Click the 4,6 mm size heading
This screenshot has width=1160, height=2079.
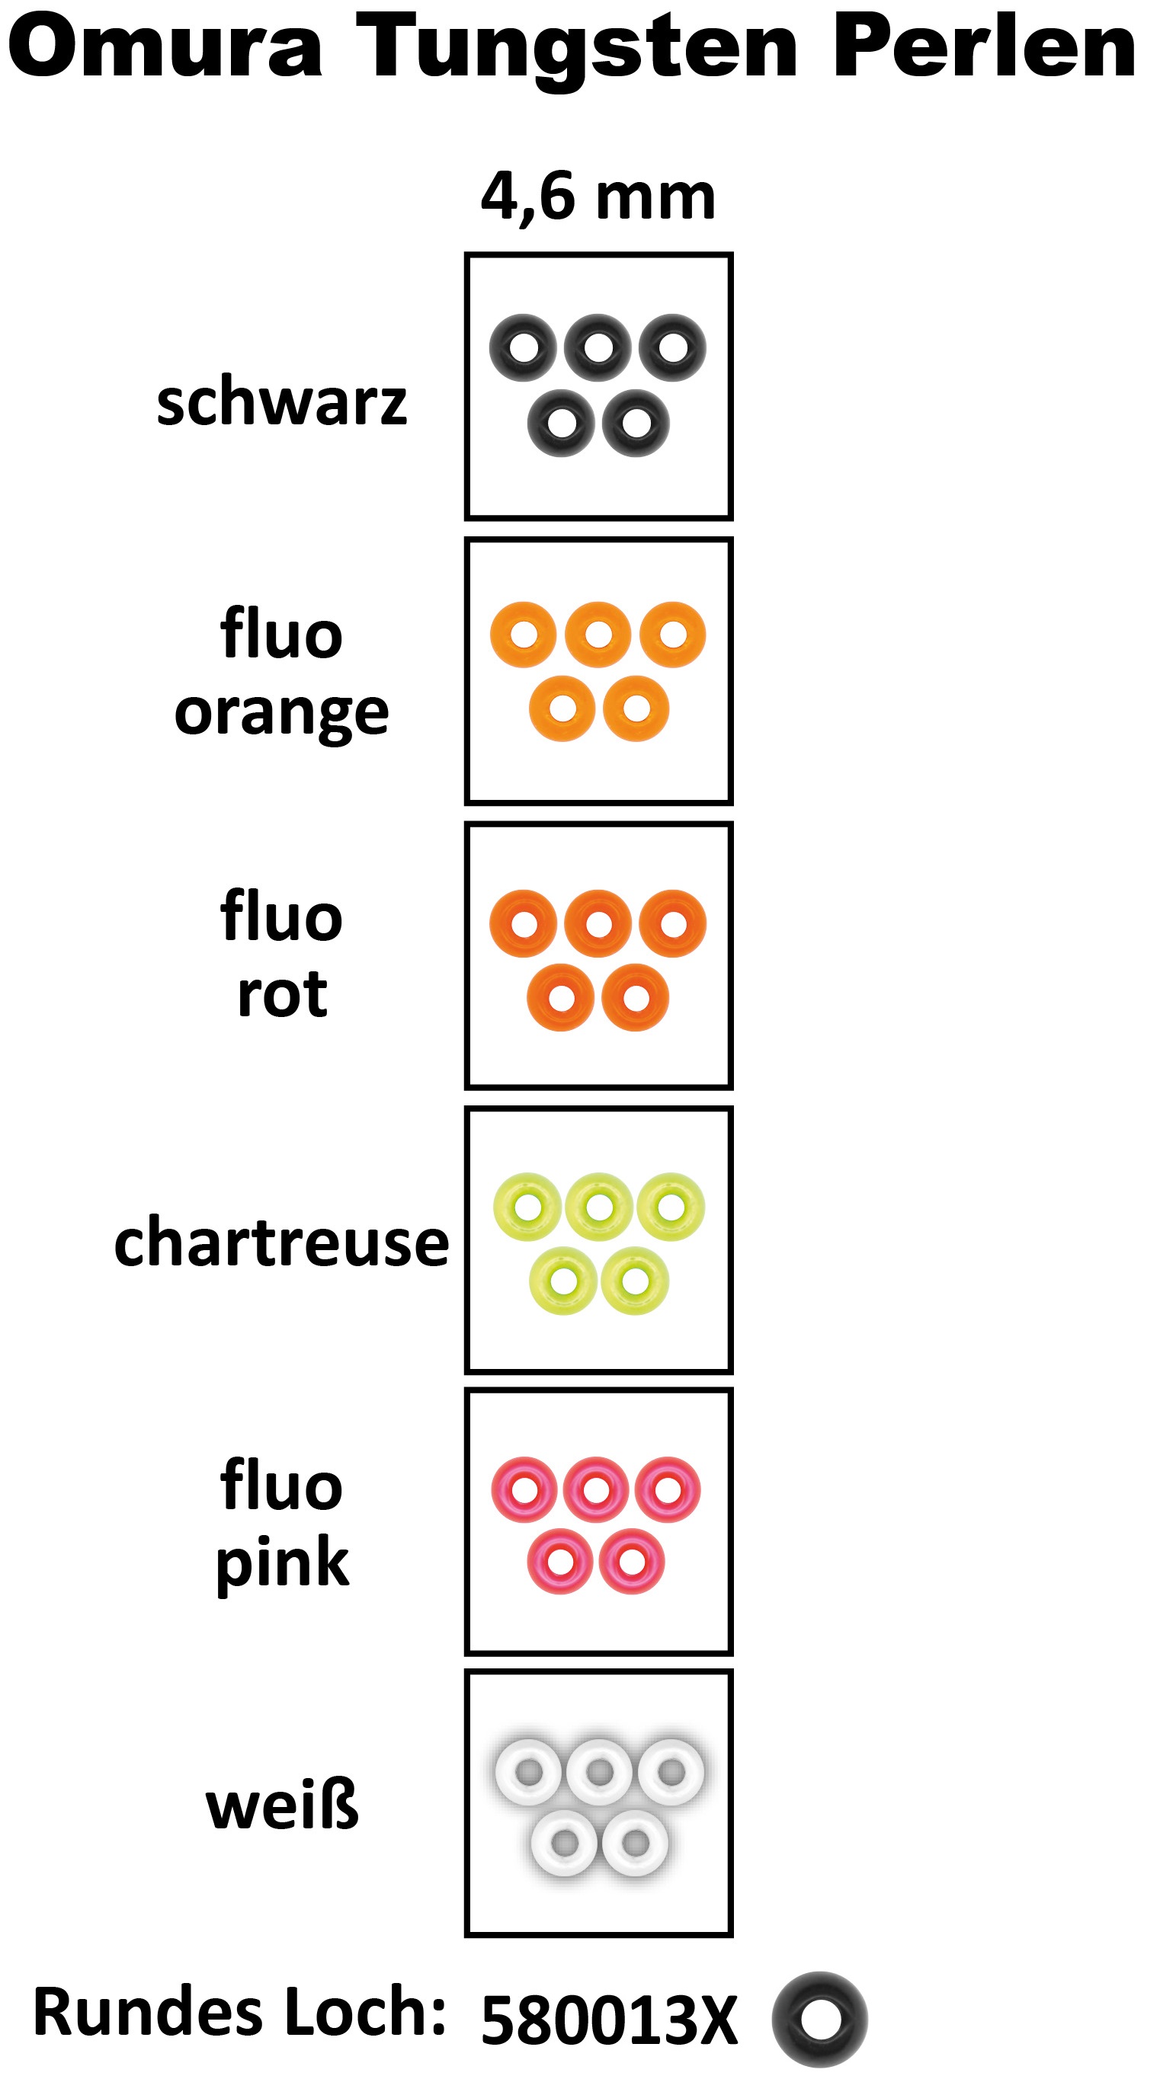598,196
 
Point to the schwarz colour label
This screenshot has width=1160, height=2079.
282,402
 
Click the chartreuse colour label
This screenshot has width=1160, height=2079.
282,1242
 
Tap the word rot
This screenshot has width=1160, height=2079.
282,993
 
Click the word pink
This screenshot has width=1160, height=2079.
282,1562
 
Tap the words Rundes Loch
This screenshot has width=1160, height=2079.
239,2012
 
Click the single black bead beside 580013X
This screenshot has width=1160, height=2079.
819,2019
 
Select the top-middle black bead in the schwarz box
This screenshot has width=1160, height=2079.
598,348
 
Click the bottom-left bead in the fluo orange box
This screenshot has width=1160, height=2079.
562,708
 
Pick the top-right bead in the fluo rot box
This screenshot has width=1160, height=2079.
672,923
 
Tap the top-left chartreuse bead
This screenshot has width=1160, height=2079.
527,1207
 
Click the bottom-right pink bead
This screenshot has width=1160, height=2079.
631,1561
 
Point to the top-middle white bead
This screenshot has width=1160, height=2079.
599,1772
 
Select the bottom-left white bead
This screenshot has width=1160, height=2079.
564,1844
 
